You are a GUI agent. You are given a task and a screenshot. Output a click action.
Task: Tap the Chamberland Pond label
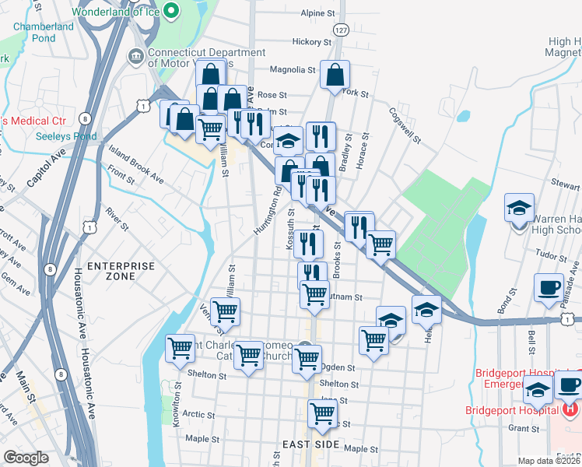point(44,32)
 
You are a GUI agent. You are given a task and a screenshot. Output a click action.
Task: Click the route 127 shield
point(339,29)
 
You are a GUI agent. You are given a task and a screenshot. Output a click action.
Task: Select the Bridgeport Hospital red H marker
point(570,407)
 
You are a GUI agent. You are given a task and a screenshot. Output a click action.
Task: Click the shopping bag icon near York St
point(335,75)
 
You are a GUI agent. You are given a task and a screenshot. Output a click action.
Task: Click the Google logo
point(26,458)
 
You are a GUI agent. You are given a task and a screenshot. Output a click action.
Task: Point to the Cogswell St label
point(405,126)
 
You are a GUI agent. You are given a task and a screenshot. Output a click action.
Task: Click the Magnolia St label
point(296,69)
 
